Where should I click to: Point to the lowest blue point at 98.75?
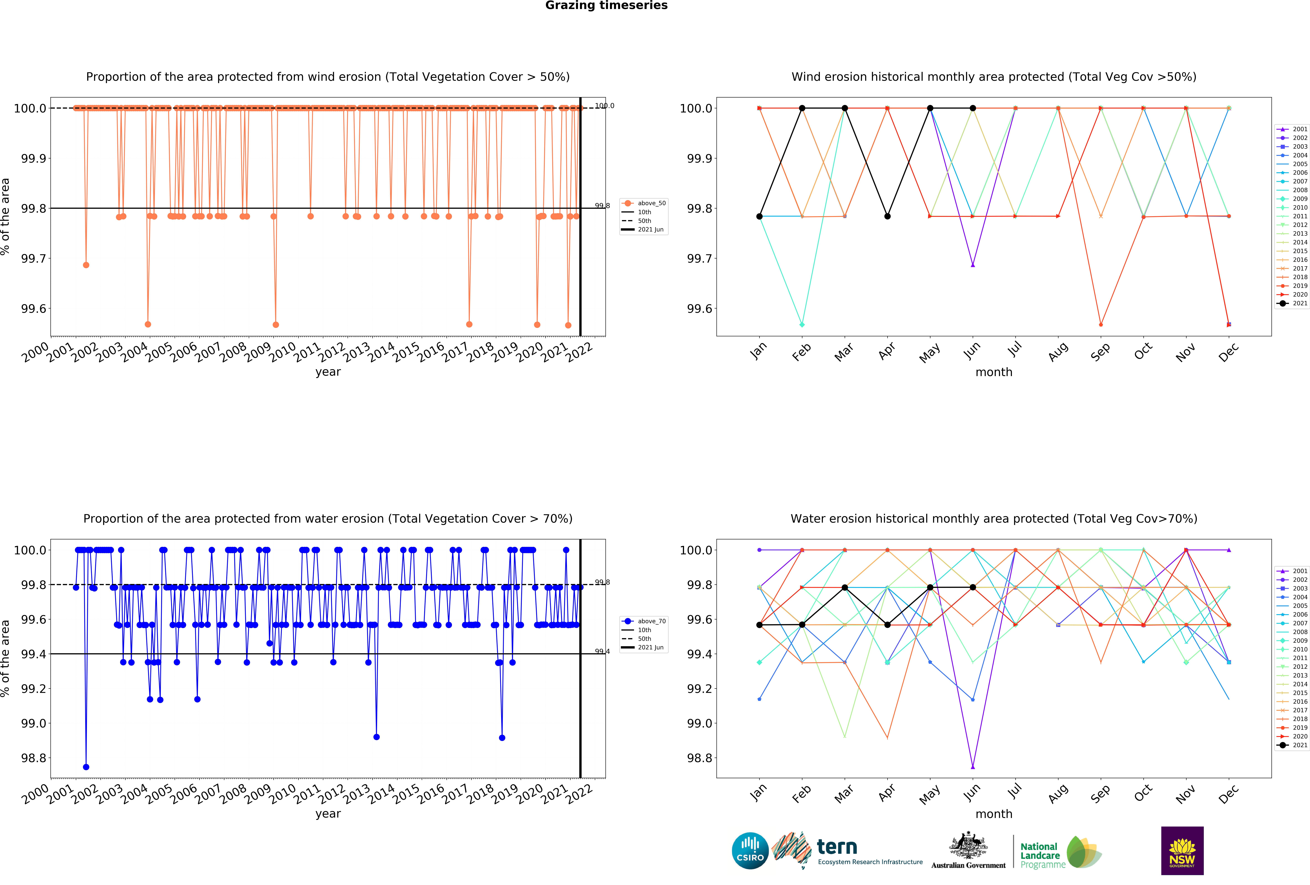[x=86, y=767]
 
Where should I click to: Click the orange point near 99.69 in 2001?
[x=86, y=265]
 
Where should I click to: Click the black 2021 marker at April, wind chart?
[x=887, y=216]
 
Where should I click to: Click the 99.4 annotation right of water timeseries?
[x=602, y=651]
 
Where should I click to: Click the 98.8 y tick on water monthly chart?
[x=699, y=758]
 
